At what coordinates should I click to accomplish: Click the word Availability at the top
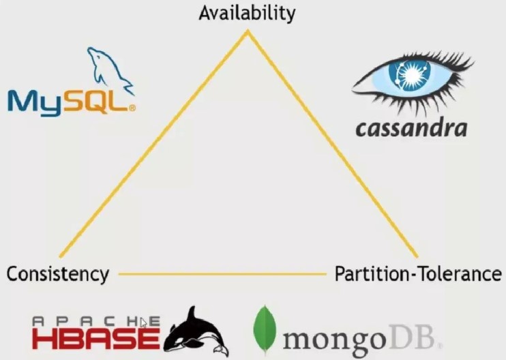pyautogui.click(x=247, y=14)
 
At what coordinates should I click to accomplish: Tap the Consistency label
pyautogui.click(x=58, y=275)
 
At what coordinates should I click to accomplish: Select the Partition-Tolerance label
pyautogui.click(x=418, y=274)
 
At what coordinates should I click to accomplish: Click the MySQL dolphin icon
pyautogui.click(x=110, y=70)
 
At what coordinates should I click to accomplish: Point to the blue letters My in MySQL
pyautogui.click(x=35, y=103)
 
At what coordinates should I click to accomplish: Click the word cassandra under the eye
pyautogui.click(x=411, y=128)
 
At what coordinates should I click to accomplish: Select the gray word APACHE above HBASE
pyautogui.click(x=96, y=321)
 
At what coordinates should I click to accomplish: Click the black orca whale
pyautogui.click(x=196, y=332)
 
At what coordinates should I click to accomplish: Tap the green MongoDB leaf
pyautogui.click(x=265, y=330)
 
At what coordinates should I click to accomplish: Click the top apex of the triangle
pyautogui.click(x=248, y=31)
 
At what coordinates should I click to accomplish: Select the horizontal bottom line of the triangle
pyautogui.click(x=223, y=274)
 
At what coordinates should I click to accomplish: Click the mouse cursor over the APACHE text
pyautogui.click(x=143, y=322)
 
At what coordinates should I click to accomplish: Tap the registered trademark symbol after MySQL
pyautogui.click(x=132, y=108)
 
